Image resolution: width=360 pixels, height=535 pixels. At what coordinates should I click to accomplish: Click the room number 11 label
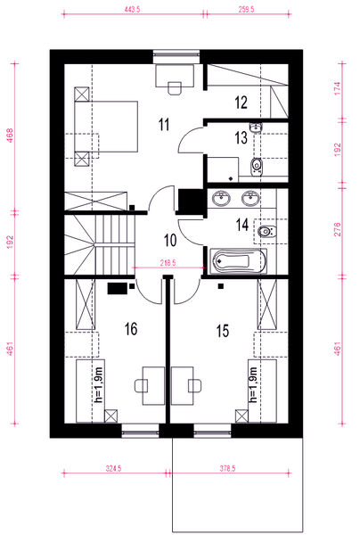pos(164,125)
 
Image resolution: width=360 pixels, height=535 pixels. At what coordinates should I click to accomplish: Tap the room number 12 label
pos(241,103)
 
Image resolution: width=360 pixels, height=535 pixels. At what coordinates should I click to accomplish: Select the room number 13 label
pos(241,138)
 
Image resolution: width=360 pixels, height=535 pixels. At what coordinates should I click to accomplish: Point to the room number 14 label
pos(242,225)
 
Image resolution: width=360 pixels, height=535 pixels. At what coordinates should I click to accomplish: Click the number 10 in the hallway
pos(170,240)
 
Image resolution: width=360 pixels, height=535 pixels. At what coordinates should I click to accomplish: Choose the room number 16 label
pos(131,329)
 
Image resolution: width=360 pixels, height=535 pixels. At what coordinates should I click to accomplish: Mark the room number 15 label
pos(223,331)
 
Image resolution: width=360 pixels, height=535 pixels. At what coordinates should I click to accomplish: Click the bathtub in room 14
pos(238,261)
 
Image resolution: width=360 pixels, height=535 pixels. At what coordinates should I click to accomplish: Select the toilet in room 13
pos(257,166)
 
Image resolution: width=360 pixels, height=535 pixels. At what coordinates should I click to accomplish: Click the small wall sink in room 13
pos(256,128)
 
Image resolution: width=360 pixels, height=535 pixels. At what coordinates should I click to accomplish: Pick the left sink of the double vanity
pos(222,198)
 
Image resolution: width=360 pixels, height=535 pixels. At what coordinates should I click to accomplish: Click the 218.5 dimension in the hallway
pos(168,263)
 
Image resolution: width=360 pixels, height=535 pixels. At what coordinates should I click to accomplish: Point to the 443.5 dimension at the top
pos(132,10)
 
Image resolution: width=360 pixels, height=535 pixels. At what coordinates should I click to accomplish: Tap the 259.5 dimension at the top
pos(246,10)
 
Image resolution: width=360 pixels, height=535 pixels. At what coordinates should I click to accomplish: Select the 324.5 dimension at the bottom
pos(113,468)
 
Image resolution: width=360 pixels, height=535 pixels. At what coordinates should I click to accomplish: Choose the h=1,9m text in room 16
pos(99,385)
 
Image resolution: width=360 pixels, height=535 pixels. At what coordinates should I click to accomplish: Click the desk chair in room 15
pos(194,385)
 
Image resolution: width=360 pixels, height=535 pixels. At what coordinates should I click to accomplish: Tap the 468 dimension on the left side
pos(10,136)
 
